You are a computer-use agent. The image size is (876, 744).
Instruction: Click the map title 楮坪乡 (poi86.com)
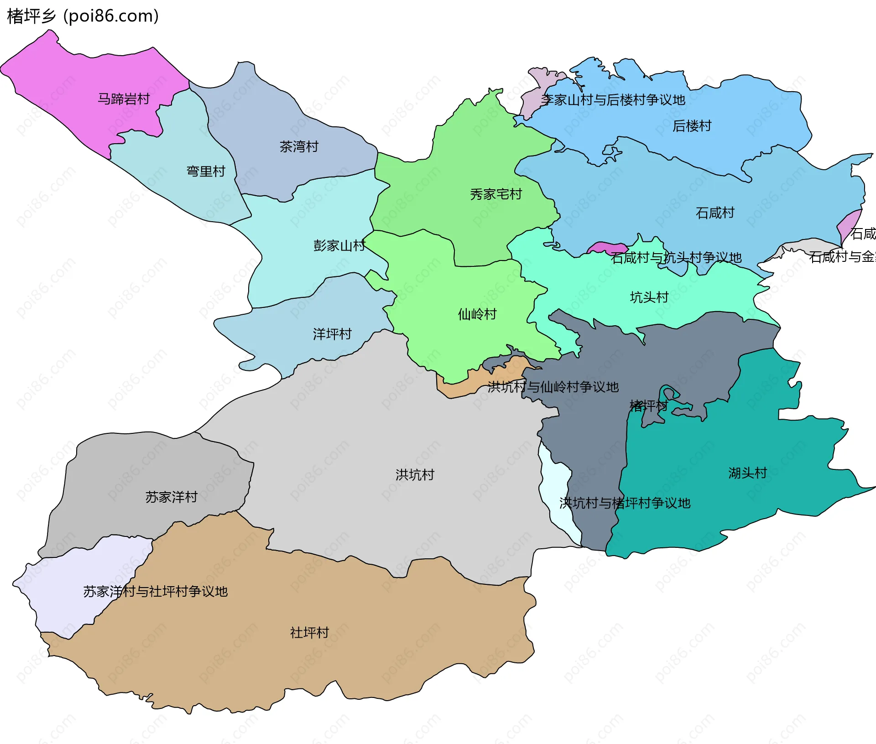point(83,16)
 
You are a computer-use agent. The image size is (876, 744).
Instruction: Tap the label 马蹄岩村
point(124,99)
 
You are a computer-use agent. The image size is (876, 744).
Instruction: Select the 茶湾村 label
point(299,147)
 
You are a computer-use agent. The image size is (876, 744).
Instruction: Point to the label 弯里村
point(206,172)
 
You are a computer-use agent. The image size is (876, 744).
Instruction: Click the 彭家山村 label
point(339,246)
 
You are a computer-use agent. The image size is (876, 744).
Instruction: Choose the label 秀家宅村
point(495,194)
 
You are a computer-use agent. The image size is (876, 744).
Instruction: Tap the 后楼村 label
point(692,126)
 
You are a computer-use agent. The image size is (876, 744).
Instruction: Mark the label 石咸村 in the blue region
point(714,213)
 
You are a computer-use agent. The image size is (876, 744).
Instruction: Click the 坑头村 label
point(649,297)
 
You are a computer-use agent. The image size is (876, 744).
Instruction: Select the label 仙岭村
point(477,314)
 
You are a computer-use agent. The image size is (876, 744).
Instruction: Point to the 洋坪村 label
point(332,334)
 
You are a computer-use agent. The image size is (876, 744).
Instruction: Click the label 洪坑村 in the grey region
point(415,475)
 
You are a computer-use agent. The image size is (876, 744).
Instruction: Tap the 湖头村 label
point(747,473)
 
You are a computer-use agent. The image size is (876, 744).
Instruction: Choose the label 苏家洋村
point(171,497)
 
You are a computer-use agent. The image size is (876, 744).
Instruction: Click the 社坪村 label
point(309,633)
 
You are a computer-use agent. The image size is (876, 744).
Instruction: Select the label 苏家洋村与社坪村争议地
point(155,592)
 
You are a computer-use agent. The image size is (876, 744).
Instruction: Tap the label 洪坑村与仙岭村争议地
point(553,387)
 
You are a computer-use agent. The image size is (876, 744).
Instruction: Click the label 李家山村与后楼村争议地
point(613,100)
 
